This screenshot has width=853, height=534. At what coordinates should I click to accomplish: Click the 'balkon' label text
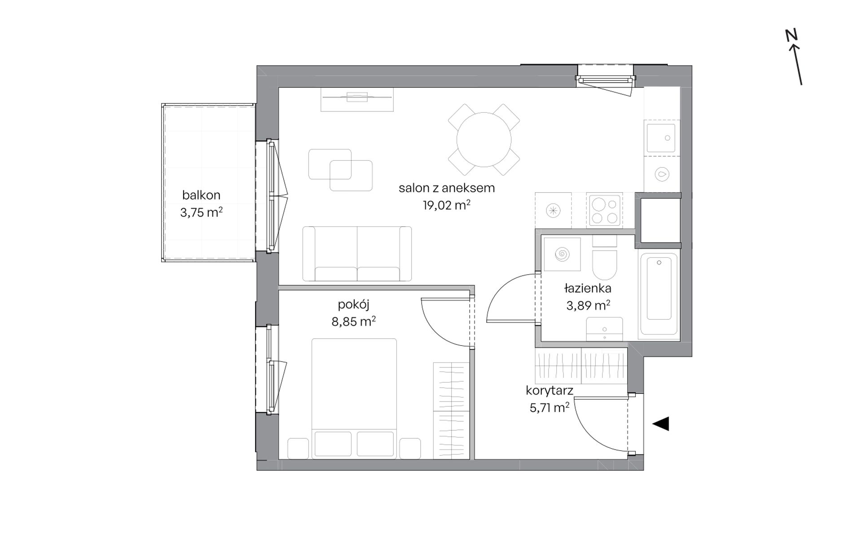tap(201, 195)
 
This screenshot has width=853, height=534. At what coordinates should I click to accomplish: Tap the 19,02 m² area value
tap(447, 205)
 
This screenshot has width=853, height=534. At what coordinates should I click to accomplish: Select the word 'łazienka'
tap(588, 288)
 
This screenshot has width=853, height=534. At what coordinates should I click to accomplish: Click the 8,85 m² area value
tap(354, 322)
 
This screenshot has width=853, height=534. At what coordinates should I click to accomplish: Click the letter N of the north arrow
tap(791, 35)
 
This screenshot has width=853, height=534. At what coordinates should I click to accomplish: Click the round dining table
tap(484, 140)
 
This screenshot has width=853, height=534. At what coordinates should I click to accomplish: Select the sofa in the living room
tap(357, 254)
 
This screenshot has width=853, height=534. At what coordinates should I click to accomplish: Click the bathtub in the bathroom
tap(659, 294)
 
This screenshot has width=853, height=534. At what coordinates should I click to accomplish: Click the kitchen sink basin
tap(660, 138)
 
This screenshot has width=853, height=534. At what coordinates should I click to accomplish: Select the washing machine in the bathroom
tap(562, 255)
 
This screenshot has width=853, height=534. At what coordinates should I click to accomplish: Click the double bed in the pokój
tap(354, 398)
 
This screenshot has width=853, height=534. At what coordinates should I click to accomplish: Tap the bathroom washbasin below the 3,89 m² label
tap(604, 329)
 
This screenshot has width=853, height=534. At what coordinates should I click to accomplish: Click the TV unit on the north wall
tap(357, 99)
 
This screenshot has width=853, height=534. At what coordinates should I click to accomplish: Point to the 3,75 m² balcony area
tap(202, 212)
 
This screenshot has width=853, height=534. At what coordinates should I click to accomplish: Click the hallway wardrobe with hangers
tap(581, 366)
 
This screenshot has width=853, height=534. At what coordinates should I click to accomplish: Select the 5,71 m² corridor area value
tap(550, 408)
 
